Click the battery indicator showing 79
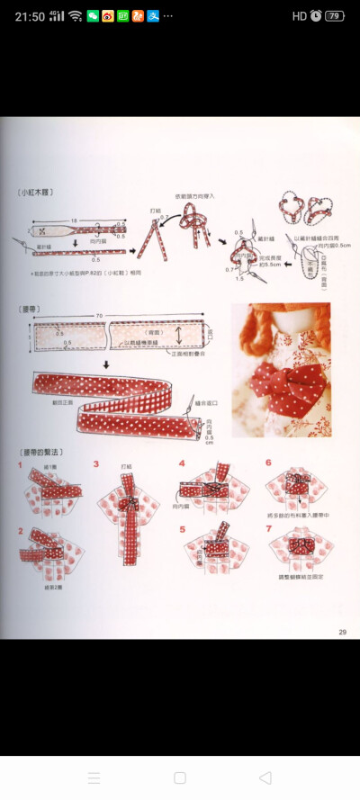pos(335,15)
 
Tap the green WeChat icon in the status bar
pos(93,15)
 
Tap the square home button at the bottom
pos(180,778)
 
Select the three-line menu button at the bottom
pos(94,778)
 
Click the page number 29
pos(342,633)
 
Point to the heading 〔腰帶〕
pos(30,309)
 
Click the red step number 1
pos(20,465)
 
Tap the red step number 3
pos(95,465)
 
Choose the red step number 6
pos(268,463)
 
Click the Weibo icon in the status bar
pos(108,15)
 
